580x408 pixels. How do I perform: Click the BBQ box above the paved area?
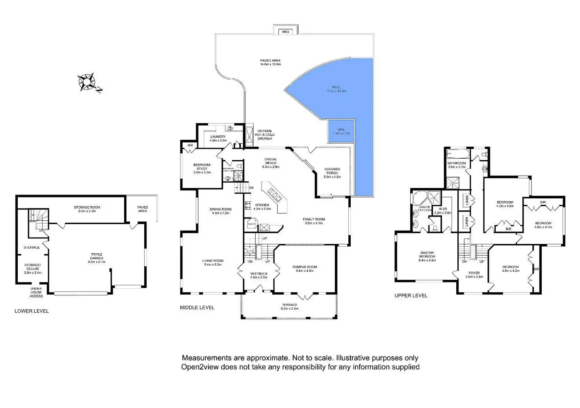286,31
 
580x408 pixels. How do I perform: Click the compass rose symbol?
87,82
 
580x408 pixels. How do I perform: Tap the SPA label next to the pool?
341,130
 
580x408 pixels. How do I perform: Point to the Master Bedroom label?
427,255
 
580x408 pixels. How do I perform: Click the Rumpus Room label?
305,267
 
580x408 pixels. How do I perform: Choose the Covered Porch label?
332,171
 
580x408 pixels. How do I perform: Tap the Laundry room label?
218,137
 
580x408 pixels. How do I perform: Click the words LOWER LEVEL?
32,311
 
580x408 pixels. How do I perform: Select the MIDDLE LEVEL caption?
197,308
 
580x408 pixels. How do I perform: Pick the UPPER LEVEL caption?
411,295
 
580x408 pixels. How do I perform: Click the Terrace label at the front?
290,305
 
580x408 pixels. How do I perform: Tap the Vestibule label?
258,274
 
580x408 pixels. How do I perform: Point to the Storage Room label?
87,207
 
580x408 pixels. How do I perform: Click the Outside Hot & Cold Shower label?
265,135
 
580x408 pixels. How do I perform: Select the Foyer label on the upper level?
474,273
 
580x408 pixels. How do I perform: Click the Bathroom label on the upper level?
457,163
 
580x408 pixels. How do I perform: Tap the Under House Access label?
36,292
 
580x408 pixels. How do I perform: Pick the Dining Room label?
221,210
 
